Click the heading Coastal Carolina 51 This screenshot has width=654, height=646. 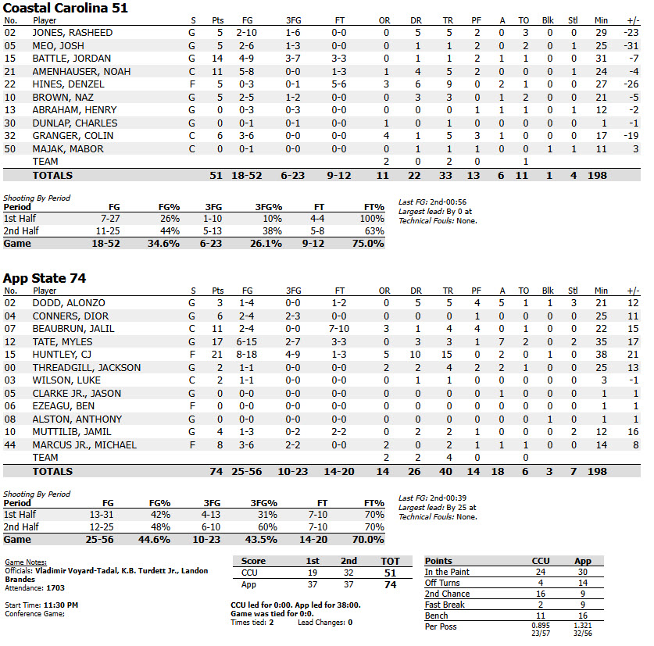tap(66, 8)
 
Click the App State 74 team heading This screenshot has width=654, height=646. tap(45, 278)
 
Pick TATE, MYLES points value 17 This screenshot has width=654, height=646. tap(217, 341)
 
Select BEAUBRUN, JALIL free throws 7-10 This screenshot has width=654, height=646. tap(338, 329)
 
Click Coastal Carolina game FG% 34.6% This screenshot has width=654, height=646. tap(165, 244)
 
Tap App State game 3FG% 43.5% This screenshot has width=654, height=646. tap(270, 540)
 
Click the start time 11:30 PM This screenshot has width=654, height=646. tap(62, 605)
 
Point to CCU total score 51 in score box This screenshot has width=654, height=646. tap(389, 573)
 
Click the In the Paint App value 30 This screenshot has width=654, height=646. tap(582, 572)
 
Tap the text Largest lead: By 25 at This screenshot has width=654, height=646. tap(437, 507)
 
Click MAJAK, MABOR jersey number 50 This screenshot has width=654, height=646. tap(10, 149)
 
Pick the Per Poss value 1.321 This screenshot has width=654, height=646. tap(582, 626)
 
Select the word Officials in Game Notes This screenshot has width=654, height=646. tap(20, 570)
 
